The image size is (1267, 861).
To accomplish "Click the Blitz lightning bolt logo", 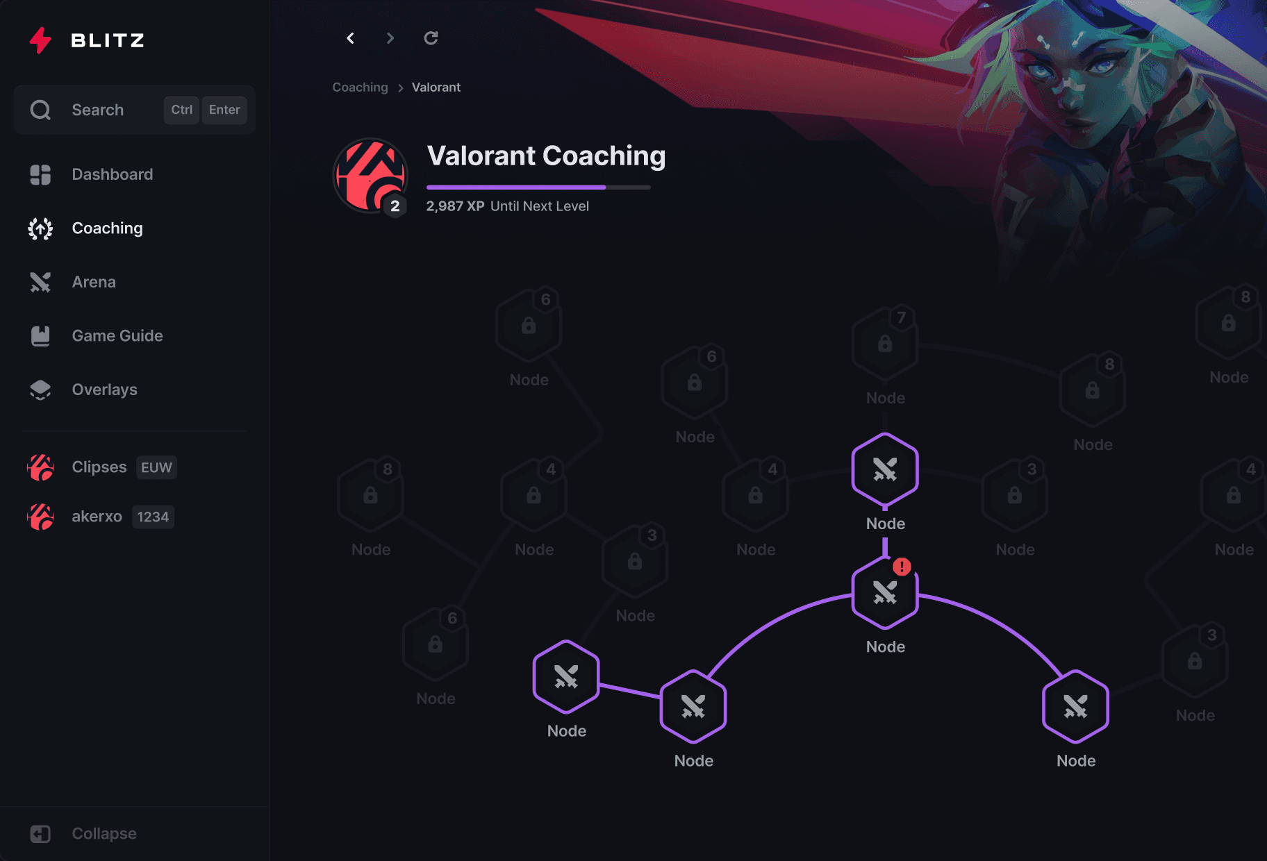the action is tap(40, 40).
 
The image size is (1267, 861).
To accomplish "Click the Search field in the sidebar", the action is tap(97, 110).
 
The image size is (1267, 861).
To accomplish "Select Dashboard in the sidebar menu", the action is tap(112, 174).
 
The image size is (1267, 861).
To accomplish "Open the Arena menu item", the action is tap(94, 282).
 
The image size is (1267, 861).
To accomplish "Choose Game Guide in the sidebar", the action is tap(117, 336).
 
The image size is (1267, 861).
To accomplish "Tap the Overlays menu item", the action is tap(104, 390).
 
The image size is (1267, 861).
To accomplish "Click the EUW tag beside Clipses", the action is tap(156, 467).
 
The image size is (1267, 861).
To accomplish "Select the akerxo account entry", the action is tap(97, 517).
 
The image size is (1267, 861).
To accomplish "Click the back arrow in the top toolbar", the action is tap(351, 38).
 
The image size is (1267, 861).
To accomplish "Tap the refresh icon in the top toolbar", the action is tap(431, 38).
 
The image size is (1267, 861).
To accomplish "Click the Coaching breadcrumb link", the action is tap(360, 87).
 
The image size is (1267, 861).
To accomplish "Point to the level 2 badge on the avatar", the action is tap(395, 206).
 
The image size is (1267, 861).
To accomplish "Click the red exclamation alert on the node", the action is tap(902, 567).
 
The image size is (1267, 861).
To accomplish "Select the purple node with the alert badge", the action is tap(885, 593).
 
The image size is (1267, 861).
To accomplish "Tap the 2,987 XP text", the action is tap(455, 206).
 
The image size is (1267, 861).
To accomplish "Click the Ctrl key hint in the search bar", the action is tap(181, 110).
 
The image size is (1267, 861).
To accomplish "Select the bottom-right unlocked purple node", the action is tap(1075, 707).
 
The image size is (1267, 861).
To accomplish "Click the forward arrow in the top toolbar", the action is tap(390, 38).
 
